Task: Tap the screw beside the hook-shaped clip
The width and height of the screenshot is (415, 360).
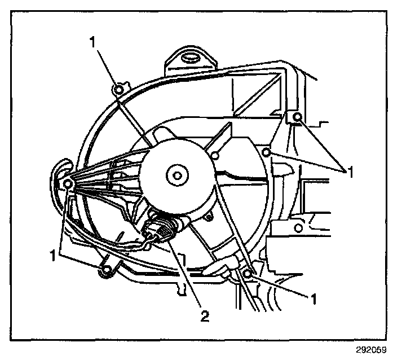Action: coord(67,184)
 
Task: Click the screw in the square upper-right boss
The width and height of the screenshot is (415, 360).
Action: coord(298,117)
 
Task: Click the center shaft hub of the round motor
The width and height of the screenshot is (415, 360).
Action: coord(177,176)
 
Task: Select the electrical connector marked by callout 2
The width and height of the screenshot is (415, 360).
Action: coord(157,232)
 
